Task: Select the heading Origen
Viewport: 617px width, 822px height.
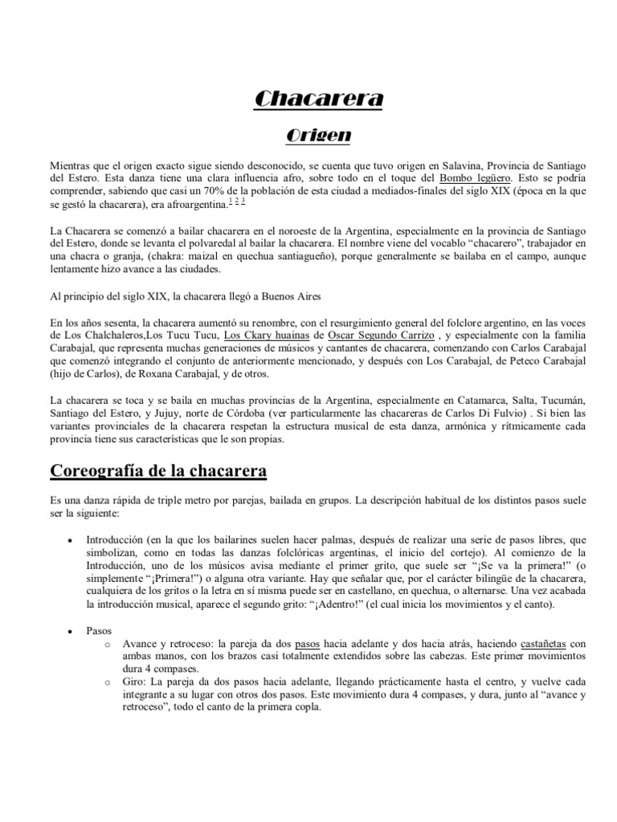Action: (308, 134)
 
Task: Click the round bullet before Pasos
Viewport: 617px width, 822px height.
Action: (73, 633)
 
